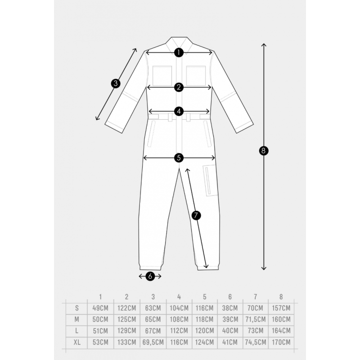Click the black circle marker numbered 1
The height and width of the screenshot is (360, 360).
179,53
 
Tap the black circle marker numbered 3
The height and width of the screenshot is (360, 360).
116,83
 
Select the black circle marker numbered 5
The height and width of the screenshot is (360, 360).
179,158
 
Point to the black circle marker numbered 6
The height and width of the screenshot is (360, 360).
150,276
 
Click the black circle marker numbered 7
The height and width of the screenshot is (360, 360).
196,216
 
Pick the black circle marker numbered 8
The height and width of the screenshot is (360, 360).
264,151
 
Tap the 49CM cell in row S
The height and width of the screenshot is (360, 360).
100,308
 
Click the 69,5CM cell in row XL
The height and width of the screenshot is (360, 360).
153,342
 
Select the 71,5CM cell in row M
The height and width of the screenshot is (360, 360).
256,319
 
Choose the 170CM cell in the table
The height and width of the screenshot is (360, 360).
281,342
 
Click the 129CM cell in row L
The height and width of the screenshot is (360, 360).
127,331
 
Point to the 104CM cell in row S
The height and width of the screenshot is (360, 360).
179,308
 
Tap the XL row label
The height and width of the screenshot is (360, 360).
77,342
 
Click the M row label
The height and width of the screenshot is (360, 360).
76,319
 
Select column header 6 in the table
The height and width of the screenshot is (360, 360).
230,297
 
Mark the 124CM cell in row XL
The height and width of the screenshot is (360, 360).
205,342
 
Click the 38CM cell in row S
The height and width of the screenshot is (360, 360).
230,308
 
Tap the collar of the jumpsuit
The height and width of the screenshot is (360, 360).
179,45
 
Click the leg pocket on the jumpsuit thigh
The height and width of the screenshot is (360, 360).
210,180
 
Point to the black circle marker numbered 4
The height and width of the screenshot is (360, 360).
179,111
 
